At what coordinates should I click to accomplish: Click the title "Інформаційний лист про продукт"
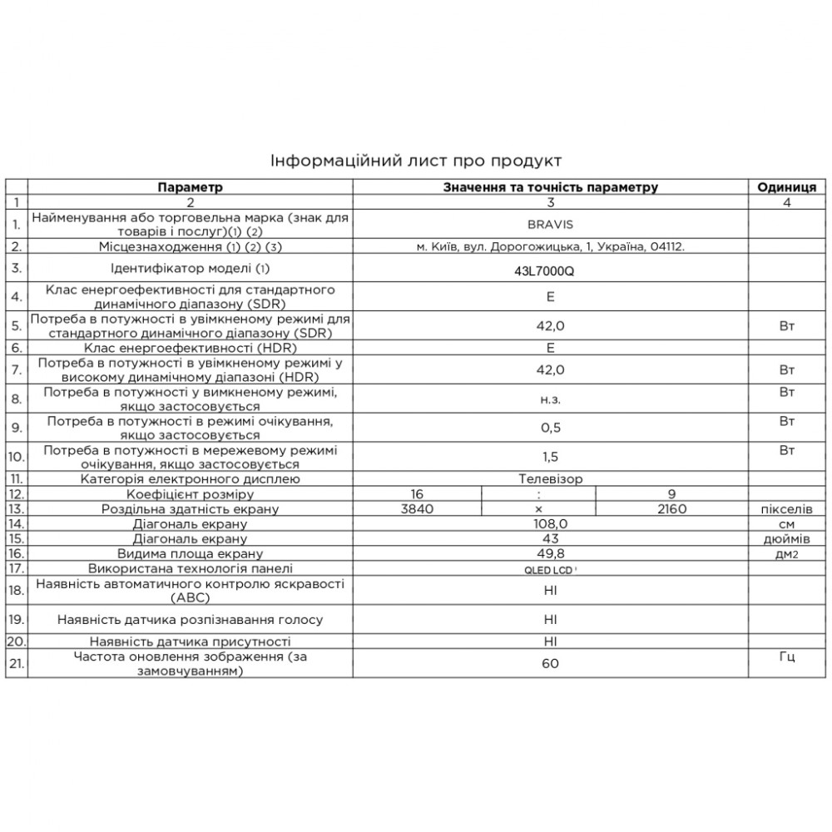click(416, 159)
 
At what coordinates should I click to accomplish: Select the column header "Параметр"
click(191, 187)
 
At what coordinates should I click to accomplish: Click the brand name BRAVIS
click(550, 224)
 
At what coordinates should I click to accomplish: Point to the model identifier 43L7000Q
click(550, 270)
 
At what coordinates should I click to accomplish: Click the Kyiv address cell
click(550, 246)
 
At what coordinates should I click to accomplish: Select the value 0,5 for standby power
click(550, 428)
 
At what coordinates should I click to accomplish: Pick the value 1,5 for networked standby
click(550, 457)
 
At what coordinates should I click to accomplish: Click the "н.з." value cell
click(550, 400)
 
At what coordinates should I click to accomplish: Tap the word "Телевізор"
click(550, 479)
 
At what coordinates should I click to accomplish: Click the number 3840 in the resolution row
click(417, 509)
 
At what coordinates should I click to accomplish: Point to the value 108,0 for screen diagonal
click(550, 524)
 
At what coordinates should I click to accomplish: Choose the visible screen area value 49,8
click(550, 553)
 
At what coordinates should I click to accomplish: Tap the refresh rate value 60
click(550, 663)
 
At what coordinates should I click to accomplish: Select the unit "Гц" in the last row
click(787, 657)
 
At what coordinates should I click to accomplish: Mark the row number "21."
click(16, 663)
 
